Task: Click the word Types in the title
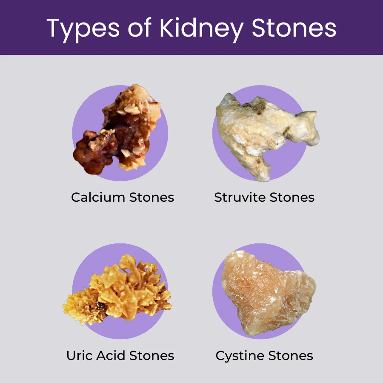click(x=83, y=29)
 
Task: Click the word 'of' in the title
click(x=140, y=28)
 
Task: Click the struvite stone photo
click(x=266, y=134)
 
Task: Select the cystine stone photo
click(x=268, y=292)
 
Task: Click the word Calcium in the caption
click(x=98, y=197)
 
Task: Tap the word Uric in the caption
click(x=80, y=355)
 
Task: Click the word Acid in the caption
click(x=111, y=355)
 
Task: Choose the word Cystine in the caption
click(x=240, y=356)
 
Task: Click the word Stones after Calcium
click(x=151, y=197)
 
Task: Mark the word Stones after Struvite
click(x=292, y=197)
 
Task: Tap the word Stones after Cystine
click(x=291, y=355)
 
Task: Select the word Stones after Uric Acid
click(x=151, y=355)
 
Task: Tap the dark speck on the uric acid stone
click(x=100, y=305)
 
